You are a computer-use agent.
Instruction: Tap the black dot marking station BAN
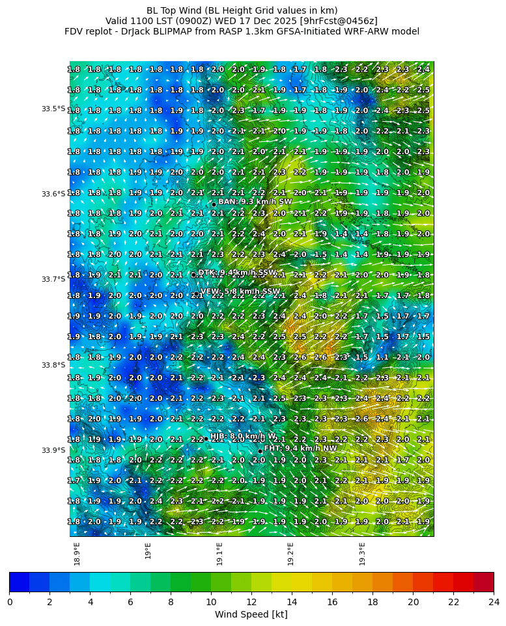pos(214,204)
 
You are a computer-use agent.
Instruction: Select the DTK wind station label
pos(237,273)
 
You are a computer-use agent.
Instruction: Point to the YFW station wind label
pos(240,292)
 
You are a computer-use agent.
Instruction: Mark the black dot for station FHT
pos(260,451)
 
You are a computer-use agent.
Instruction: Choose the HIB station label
pos(243,436)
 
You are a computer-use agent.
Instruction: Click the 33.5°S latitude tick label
pos(53,109)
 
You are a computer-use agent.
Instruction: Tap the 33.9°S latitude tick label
pos(53,450)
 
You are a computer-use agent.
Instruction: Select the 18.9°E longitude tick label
pos(77,553)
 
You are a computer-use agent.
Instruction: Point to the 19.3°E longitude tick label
pos(362,553)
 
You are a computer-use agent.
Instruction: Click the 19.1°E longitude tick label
pos(219,553)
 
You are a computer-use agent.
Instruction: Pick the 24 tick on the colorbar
pos(494,602)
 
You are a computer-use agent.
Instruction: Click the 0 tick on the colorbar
pos(9,602)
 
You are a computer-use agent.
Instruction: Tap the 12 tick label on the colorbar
pos(251,602)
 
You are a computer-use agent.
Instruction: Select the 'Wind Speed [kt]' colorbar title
pos(251,614)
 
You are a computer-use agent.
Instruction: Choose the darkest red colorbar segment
pos(483,582)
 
